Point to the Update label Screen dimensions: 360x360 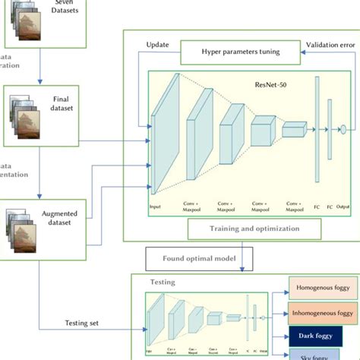(157, 44)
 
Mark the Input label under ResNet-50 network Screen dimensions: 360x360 (155, 206)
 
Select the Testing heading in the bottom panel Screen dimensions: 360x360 (162, 282)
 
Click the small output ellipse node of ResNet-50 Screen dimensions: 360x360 (343, 128)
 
